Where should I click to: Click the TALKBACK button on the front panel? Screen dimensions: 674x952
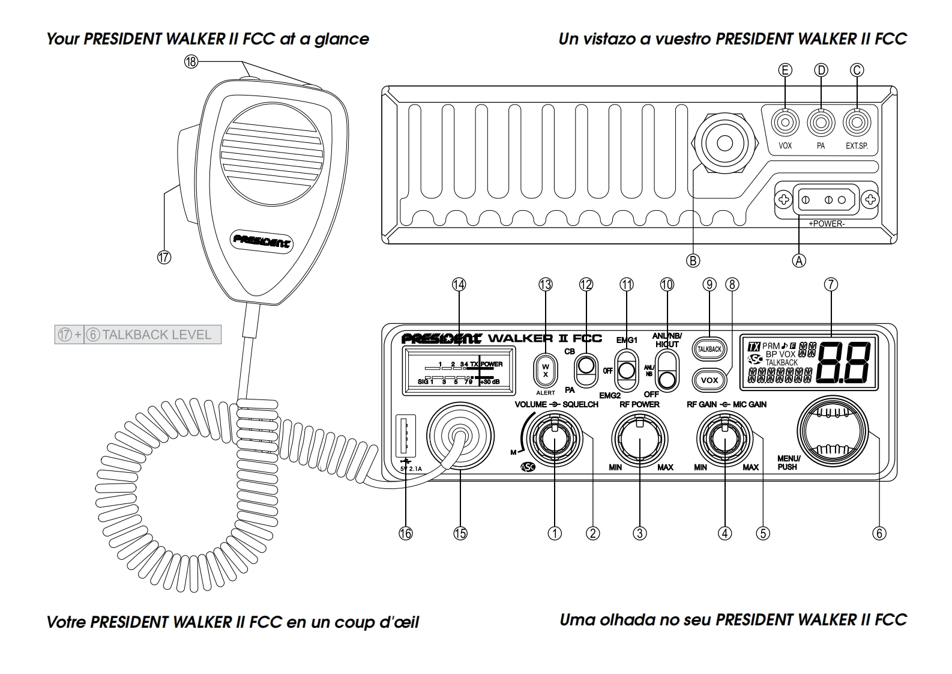[x=709, y=348]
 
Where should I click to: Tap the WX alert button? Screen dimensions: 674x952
[x=545, y=371]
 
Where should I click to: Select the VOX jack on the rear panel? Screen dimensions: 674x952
[x=785, y=124]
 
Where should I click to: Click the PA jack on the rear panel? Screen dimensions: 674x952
[x=821, y=124]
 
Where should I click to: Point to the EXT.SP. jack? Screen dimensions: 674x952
[x=857, y=124]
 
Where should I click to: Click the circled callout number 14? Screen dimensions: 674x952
[x=459, y=285]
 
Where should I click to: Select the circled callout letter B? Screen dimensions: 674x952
[x=693, y=260]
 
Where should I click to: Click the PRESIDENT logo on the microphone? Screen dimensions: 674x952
[x=261, y=241]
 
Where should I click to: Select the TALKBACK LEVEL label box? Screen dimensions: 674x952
[x=138, y=335]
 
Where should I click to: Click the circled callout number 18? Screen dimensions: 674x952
[x=191, y=62]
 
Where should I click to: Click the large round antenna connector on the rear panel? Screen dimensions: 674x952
[x=725, y=143]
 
